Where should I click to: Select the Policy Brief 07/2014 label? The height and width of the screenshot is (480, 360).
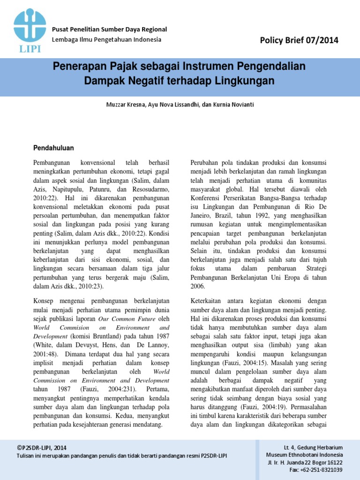tap(299, 40)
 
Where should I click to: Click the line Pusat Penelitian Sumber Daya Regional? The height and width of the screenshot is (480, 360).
tap(109, 29)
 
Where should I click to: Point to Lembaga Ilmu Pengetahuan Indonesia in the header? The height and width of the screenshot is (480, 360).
tap(106, 39)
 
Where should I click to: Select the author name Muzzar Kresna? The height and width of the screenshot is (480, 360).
tap(126, 105)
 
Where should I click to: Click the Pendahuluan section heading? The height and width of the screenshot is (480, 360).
tap(53, 148)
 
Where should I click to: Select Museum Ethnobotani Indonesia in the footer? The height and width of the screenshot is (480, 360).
tap(304, 455)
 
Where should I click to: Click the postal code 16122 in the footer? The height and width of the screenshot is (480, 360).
tap(332, 462)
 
